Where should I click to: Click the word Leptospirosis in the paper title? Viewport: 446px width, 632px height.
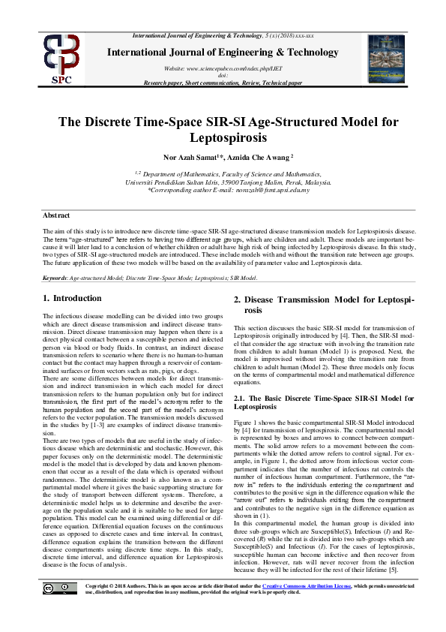223,138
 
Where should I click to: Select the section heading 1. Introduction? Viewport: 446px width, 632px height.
72,298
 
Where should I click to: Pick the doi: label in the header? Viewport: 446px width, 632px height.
223,75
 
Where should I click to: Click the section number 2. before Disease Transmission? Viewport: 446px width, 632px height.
238,300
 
